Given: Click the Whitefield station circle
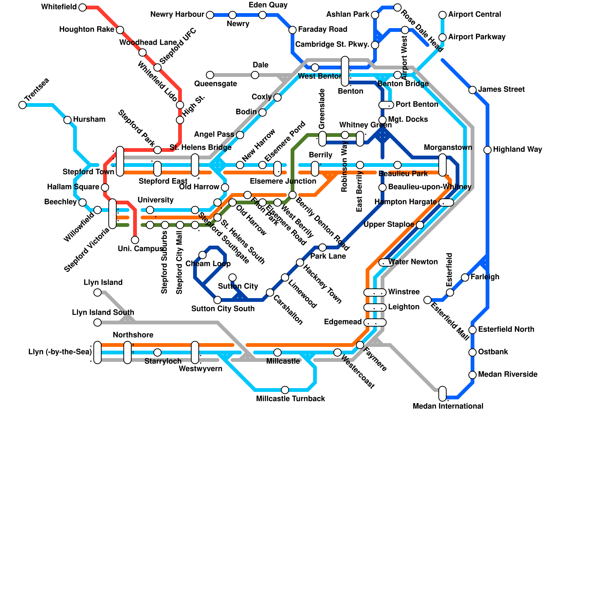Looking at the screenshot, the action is [x=82, y=7].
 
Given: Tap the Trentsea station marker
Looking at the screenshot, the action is [x=22, y=105].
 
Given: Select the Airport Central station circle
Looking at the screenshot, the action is [x=442, y=15].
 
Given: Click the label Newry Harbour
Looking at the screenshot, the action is [x=177, y=15].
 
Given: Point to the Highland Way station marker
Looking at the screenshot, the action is [x=487, y=150].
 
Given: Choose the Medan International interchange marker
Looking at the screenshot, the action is [x=442, y=393].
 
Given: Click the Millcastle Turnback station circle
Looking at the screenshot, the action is [x=285, y=390].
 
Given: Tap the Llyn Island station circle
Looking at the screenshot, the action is [x=97, y=292].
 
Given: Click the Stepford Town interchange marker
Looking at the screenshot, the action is [x=120, y=161].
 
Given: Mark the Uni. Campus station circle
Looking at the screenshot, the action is [x=135, y=240].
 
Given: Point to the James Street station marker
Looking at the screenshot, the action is [x=472, y=90].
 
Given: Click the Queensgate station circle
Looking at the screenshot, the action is [x=210, y=75].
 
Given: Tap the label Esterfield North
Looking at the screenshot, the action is [x=506, y=330].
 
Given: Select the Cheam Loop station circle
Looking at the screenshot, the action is [x=202, y=255].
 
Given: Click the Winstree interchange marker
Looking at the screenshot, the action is [x=375, y=292].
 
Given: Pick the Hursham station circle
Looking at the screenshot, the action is [x=67, y=120].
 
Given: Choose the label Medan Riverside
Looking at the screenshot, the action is [x=508, y=375].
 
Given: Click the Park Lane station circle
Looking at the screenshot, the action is [x=322, y=247].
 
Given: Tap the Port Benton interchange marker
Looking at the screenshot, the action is [x=386, y=105].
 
